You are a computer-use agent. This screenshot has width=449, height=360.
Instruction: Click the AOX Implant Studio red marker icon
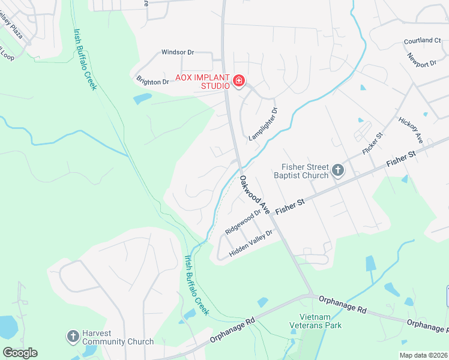tap(239, 81)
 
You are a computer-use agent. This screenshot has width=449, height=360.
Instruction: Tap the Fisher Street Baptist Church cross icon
tap(338, 171)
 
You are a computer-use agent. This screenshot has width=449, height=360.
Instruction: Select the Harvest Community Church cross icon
tap(73, 336)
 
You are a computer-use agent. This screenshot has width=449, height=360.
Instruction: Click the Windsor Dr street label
tap(178, 52)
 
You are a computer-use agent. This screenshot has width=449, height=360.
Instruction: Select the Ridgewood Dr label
tap(243, 221)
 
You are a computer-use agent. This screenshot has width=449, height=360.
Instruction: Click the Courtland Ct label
tap(422, 41)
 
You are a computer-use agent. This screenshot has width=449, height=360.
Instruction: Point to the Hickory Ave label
tap(411, 130)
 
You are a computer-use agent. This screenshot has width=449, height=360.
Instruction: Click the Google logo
tap(20, 352)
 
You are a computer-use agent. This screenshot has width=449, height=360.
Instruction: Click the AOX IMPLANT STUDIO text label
tap(202, 82)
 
